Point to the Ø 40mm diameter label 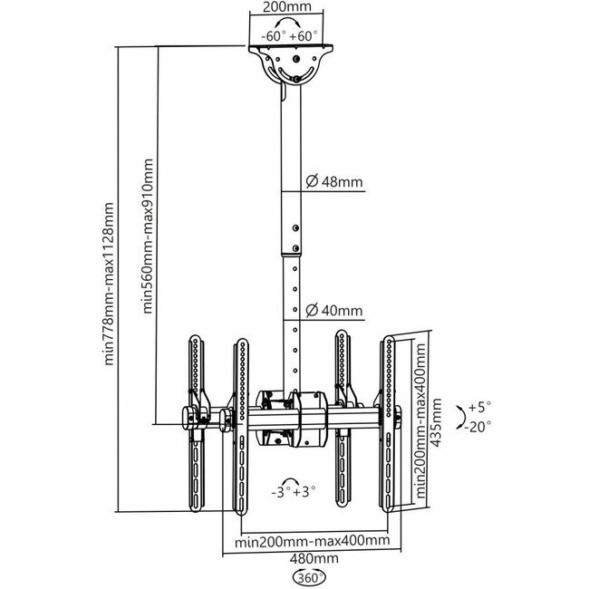tap(333, 311)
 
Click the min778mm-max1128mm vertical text tap(110, 283)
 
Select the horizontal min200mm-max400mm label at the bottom tap(313, 541)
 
